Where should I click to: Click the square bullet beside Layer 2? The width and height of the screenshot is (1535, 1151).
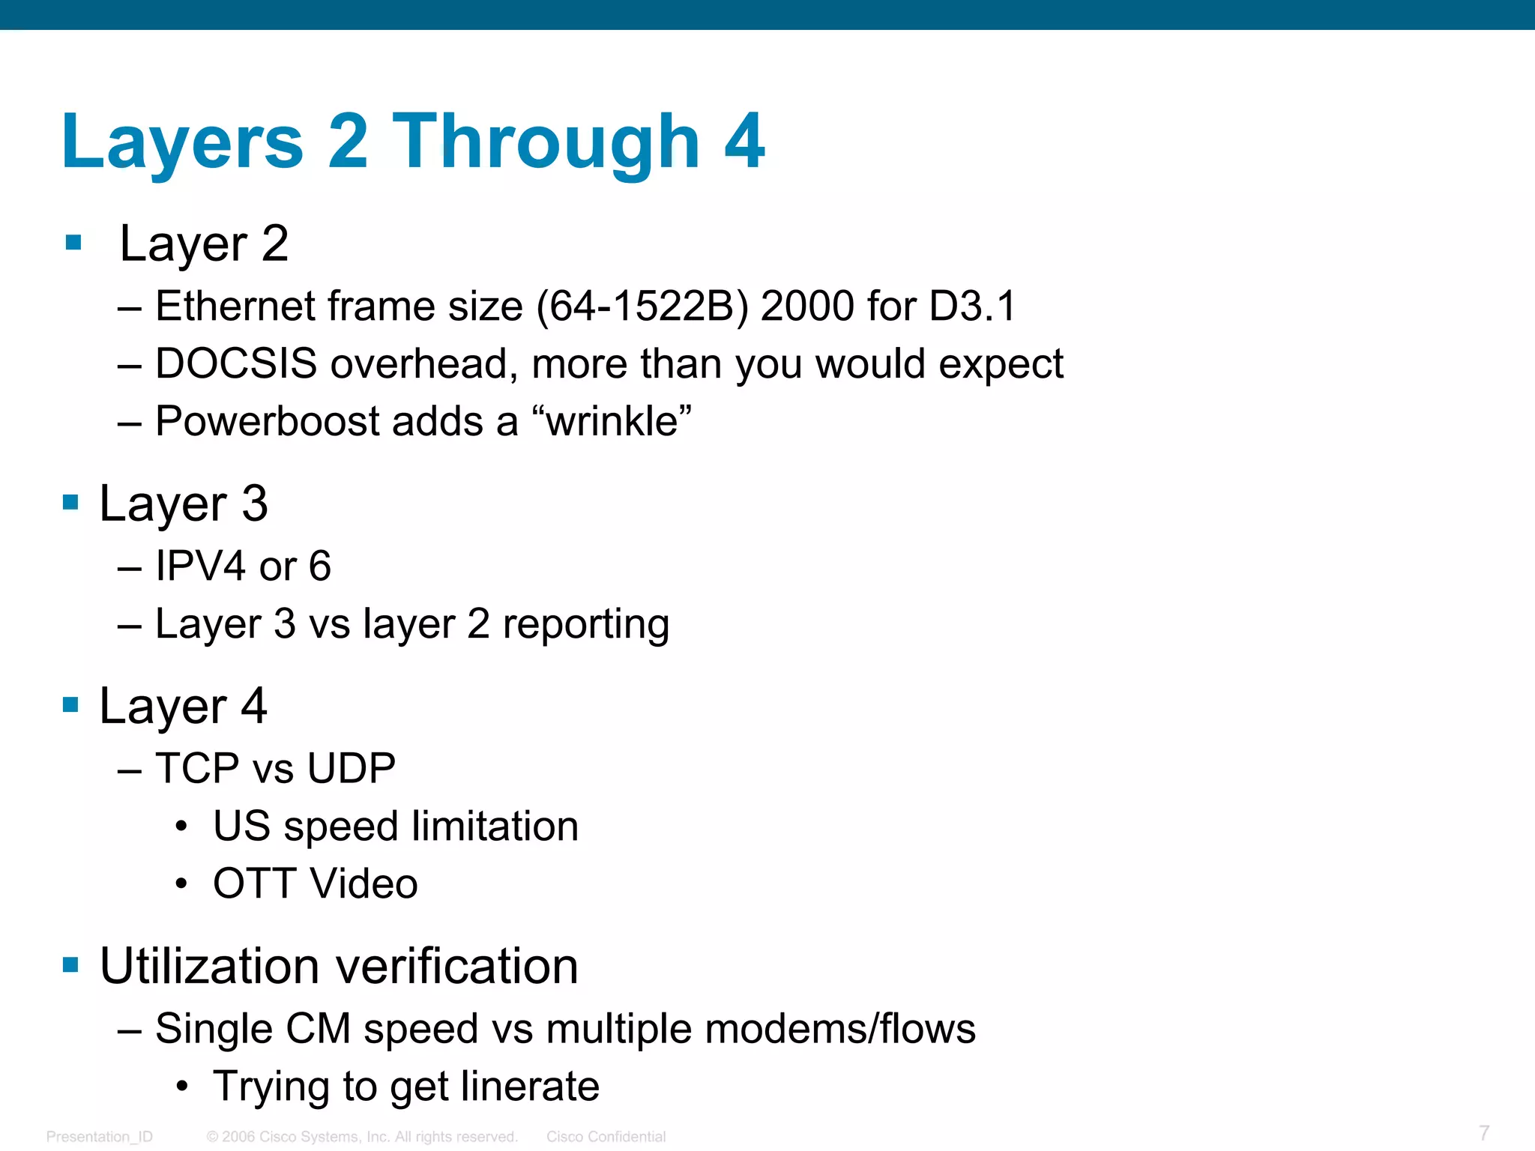click(73, 243)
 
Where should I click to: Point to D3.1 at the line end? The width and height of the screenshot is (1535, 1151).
click(972, 306)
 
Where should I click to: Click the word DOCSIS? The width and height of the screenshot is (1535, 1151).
click(236, 364)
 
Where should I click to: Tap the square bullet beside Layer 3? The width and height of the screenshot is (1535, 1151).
click(70, 502)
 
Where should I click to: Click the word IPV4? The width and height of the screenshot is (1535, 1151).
click(200, 566)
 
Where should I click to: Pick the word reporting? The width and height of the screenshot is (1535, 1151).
click(585, 624)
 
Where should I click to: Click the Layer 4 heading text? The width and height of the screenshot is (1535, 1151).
click(183, 706)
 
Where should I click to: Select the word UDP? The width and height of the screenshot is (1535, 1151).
click(351, 768)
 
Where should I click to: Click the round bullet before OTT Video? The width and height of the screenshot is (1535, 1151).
click(181, 884)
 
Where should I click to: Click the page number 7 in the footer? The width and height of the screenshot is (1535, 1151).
click(1483, 1132)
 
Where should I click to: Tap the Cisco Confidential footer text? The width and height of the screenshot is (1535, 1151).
click(606, 1137)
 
